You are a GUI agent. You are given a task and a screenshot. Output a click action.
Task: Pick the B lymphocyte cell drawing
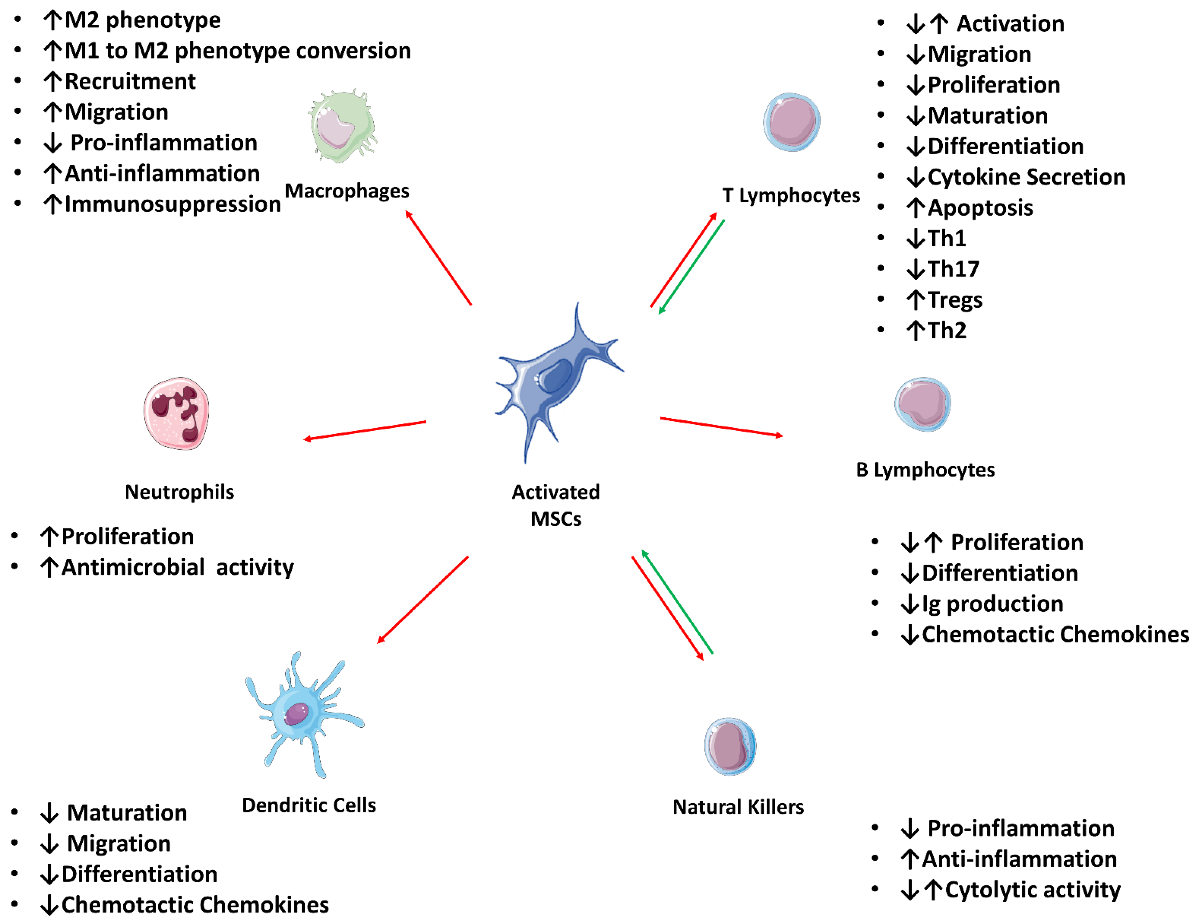922,404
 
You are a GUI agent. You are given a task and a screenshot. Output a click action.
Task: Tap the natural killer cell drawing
730,746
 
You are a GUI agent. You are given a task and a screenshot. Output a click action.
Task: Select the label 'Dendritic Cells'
309,805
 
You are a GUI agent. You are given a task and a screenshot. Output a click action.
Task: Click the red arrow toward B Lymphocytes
721,427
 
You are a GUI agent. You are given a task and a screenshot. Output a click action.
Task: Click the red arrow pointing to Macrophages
439,258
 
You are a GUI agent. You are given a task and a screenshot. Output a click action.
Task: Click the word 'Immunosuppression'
173,204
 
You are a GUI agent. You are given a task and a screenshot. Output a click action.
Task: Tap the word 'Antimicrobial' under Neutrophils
133,567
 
